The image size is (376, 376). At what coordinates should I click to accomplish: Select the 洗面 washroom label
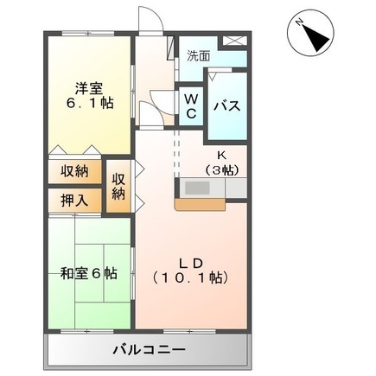[198, 55]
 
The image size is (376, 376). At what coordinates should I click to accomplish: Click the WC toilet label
[191, 105]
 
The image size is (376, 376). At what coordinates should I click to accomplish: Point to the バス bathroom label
[227, 105]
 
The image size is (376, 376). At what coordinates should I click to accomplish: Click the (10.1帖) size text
[190, 278]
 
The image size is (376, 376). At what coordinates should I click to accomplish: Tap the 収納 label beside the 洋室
[74, 170]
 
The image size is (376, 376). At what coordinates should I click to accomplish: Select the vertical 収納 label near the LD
[119, 183]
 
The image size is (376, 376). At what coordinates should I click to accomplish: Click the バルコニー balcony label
[147, 350]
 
